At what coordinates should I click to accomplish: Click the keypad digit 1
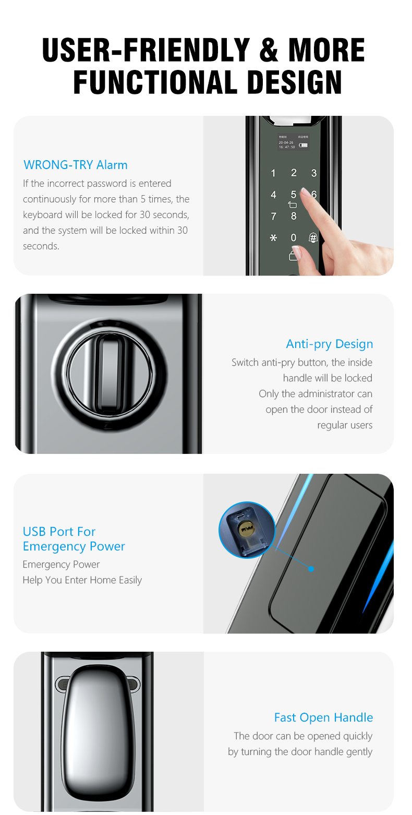[x=273, y=173]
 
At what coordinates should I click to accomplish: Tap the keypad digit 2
[x=294, y=173]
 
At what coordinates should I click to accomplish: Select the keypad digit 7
[x=273, y=217]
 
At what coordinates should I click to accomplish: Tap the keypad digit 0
[x=294, y=237]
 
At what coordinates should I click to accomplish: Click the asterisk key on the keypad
[x=273, y=238]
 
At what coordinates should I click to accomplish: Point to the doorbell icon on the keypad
[x=313, y=237]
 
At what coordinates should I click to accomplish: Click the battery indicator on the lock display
[x=304, y=145]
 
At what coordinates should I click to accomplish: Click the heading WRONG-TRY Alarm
[x=76, y=165]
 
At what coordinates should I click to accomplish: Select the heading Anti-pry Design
[x=330, y=344]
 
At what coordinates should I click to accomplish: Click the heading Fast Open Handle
[x=323, y=717]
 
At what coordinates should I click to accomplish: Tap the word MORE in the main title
[x=326, y=50]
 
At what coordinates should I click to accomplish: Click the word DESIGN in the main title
[x=295, y=82]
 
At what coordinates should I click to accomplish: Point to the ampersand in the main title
[x=269, y=50]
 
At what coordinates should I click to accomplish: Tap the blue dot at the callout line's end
[x=311, y=569]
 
